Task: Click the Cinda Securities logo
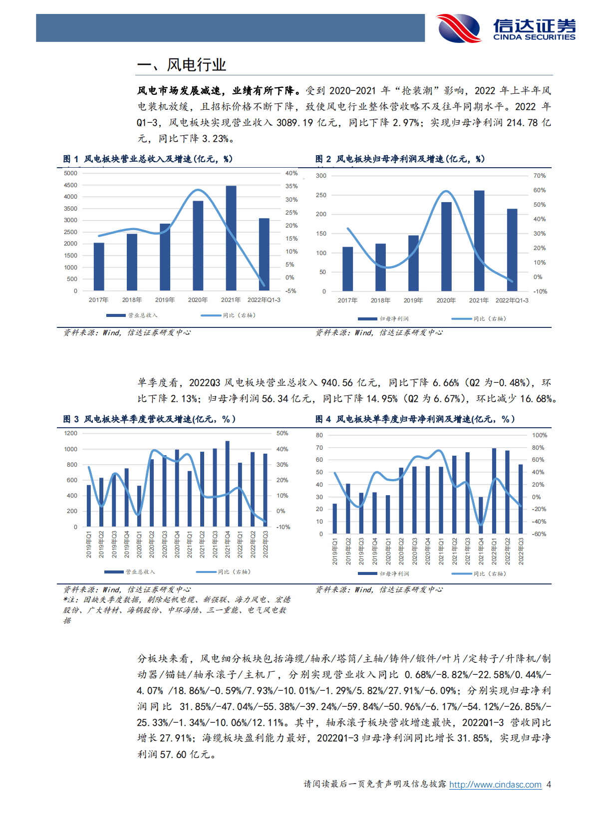pyautogui.click(x=506, y=28)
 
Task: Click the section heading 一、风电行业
pyautogui.click(x=181, y=65)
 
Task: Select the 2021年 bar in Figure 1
pyautogui.click(x=231, y=238)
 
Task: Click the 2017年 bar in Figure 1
pyautogui.click(x=99, y=267)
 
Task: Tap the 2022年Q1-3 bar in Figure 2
pyautogui.click(x=512, y=250)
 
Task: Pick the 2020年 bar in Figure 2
pyautogui.click(x=446, y=246)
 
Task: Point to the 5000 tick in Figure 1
pyautogui.click(x=71, y=173)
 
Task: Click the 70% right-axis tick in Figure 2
pyautogui.click(x=539, y=176)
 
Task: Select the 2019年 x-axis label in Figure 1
pyautogui.click(x=165, y=300)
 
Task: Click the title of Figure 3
pyautogui.click(x=149, y=419)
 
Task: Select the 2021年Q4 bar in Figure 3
pyautogui.click(x=228, y=484)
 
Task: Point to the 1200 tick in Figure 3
pyautogui.click(x=71, y=433)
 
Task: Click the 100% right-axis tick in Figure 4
pyautogui.click(x=539, y=435)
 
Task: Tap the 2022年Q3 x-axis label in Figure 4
pyautogui.click(x=521, y=551)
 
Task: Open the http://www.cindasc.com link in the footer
pyautogui.click(x=495, y=785)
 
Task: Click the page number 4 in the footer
pyautogui.click(x=549, y=785)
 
